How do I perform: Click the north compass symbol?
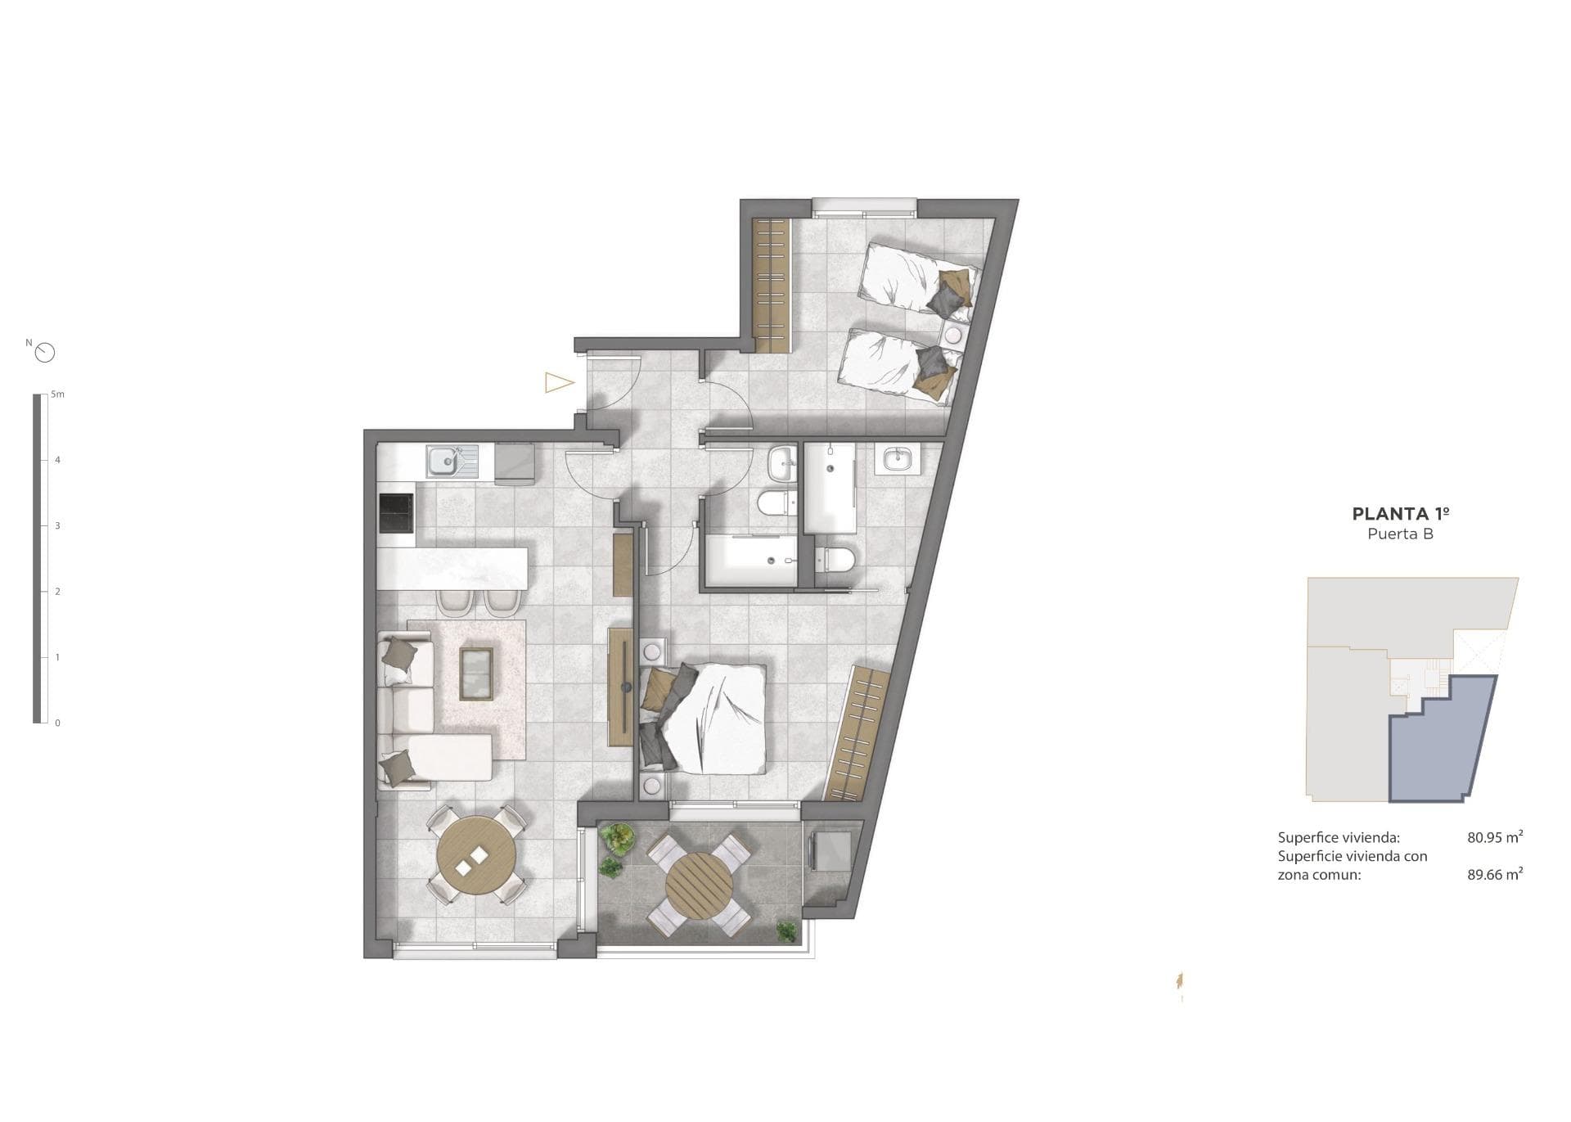[x=46, y=353]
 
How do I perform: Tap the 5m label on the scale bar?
[x=57, y=394]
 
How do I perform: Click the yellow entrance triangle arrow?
[x=559, y=382]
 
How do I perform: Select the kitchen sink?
[x=444, y=462]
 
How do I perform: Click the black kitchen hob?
[x=396, y=512]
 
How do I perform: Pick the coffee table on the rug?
[x=476, y=674]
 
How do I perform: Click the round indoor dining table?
[x=477, y=856]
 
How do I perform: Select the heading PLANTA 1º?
[x=1401, y=514]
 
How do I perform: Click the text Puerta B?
[x=1401, y=534]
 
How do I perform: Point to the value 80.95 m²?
[x=1494, y=837]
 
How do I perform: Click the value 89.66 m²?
[x=1494, y=874]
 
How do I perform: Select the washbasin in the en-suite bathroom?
[x=898, y=459]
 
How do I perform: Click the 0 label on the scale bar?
[x=57, y=723]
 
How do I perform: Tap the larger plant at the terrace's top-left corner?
[x=617, y=837]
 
